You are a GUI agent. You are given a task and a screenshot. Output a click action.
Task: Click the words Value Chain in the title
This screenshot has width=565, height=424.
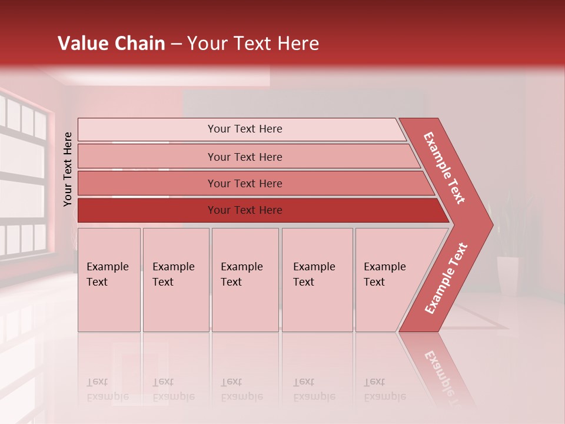[x=111, y=44]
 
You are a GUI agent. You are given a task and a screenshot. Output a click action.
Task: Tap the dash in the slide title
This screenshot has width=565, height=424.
[x=176, y=44]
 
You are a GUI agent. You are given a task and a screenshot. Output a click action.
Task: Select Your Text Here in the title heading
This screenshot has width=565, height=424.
[x=253, y=44]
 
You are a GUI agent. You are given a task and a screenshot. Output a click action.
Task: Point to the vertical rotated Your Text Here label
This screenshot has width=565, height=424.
[x=68, y=169]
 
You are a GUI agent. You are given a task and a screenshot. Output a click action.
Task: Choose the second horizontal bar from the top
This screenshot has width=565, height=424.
[x=245, y=157]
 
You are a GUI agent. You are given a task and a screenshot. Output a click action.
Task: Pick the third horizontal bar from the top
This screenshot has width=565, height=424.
[x=245, y=183]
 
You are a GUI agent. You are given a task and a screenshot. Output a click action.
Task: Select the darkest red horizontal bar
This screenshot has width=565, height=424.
[x=245, y=210]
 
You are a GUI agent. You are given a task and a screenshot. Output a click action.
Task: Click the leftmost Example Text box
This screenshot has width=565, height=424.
[x=109, y=280]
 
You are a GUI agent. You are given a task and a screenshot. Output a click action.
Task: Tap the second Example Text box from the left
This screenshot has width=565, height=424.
[x=175, y=280]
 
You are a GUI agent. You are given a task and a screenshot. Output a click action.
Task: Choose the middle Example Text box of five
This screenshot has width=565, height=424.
[x=245, y=280]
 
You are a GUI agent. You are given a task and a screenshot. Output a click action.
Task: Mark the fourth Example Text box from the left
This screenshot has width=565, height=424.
[x=317, y=280]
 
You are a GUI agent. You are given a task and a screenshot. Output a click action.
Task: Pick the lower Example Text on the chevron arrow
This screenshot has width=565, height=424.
[x=446, y=279]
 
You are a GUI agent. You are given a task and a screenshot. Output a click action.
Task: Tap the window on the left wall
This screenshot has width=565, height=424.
[x=24, y=177]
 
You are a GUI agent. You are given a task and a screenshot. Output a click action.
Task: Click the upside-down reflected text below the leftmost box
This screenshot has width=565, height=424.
[x=108, y=389]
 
